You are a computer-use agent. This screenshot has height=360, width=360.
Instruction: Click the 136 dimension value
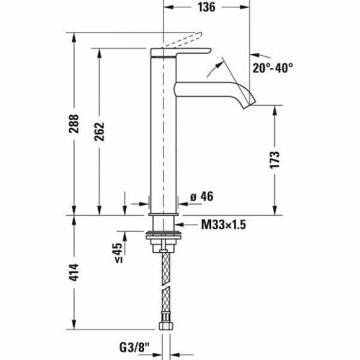(x=207, y=7)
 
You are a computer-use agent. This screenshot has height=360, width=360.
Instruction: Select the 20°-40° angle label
(x=272, y=66)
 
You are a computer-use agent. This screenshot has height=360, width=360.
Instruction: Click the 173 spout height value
(x=275, y=160)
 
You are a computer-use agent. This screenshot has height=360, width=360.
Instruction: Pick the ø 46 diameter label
(x=202, y=197)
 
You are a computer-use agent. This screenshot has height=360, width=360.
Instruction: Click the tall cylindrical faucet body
(x=164, y=137)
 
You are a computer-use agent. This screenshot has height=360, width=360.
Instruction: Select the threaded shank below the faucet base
(x=164, y=223)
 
